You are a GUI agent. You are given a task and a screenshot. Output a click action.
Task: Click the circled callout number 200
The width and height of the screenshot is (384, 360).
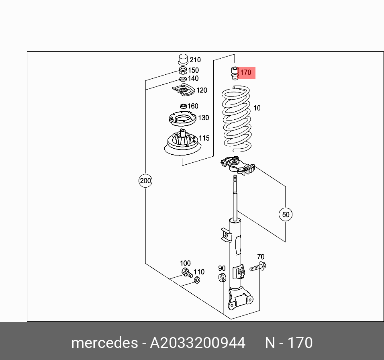145,181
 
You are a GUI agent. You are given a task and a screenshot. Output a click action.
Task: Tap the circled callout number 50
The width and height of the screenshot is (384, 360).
286,215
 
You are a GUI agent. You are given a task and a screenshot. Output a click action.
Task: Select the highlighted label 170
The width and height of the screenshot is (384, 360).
245,73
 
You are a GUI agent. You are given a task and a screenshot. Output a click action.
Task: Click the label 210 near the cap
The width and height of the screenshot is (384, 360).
195,60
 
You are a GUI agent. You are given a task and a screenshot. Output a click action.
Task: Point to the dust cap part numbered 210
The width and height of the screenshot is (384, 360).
183,59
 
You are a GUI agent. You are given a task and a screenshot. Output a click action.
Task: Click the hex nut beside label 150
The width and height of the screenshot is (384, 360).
182,71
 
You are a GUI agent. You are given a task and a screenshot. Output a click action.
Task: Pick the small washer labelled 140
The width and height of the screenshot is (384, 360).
183,79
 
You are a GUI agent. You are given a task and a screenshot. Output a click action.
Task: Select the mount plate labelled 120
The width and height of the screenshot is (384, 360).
183,91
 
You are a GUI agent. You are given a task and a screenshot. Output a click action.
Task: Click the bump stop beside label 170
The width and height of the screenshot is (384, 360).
234,74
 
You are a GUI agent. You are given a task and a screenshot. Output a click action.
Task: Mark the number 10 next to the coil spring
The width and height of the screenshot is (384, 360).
257,108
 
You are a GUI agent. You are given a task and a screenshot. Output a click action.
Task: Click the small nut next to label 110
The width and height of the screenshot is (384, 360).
197,280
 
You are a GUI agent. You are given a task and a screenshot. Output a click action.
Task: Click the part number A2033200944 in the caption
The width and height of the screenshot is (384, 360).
197,343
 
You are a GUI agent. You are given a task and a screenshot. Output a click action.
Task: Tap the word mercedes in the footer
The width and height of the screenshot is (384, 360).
104,343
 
